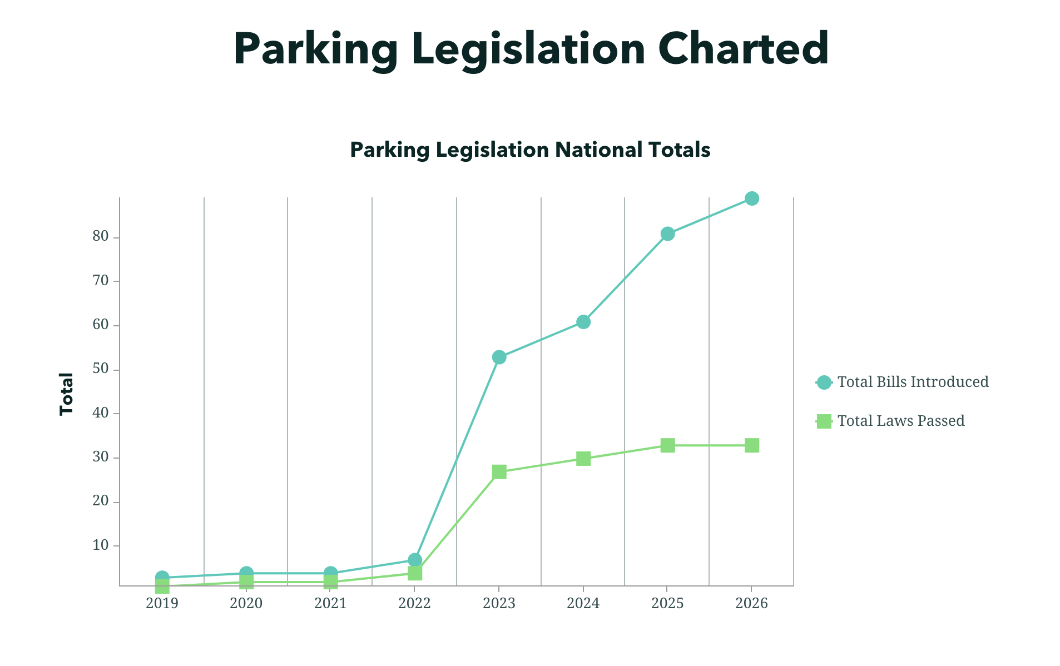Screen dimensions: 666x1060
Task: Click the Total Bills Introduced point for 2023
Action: click(499, 357)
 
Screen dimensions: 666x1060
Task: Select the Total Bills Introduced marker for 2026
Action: click(751, 198)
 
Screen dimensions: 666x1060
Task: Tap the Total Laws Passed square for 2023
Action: click(499, 472)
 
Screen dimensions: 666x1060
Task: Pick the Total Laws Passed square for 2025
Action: click(667, 445)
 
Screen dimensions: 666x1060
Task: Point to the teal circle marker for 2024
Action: click(583, 322)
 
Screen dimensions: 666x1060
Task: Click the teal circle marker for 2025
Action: click(667, 233)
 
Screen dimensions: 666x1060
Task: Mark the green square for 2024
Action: click(583, 459)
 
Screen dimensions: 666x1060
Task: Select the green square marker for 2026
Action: click(751, 445)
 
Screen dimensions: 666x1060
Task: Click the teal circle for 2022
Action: click(415, 559)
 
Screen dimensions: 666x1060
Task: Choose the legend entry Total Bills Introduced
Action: click(912, 382)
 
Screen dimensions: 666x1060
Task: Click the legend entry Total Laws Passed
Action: click(900, 421)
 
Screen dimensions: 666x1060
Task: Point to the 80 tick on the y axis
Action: click(101, 237)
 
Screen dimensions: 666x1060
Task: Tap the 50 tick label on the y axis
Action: click(101, 369)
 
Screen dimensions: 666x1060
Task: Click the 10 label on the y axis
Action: click(101, 545)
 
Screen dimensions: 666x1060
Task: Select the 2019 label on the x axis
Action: click(162, 604)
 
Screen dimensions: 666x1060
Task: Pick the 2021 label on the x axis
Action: click(330, 604)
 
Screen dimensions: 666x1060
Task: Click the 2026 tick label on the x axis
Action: click(751, 604)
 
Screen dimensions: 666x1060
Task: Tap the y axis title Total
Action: click(67, 394)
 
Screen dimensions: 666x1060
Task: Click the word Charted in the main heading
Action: click(743, 49)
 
